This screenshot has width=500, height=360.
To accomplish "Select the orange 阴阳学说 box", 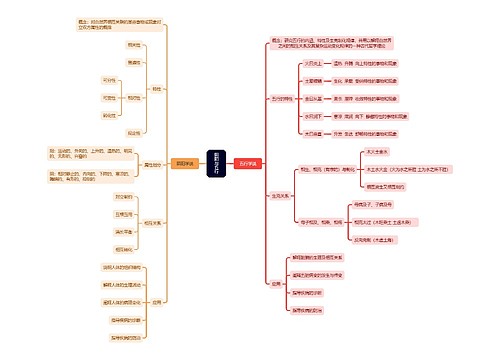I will click(x=184, y=162).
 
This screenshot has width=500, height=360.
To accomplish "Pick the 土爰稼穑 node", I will click(x=314, y=80).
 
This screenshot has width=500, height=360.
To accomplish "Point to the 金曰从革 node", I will click(x=314, y=98).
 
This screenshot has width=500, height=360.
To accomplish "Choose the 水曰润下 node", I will click(x=314, y=115).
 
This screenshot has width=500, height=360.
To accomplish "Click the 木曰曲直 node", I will click(x=314, y=133).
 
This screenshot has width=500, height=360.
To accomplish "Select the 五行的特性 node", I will click(x=283, y=98).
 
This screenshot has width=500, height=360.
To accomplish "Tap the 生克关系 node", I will click(x=279, y=196).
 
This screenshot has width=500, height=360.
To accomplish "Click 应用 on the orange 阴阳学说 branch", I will click(x=157, y=299).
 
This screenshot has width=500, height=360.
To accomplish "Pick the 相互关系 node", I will click(x=154, y=221).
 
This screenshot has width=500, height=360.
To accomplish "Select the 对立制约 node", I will click(x=123, y=197).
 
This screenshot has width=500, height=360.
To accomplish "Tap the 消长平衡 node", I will click(x=123, y=231).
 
